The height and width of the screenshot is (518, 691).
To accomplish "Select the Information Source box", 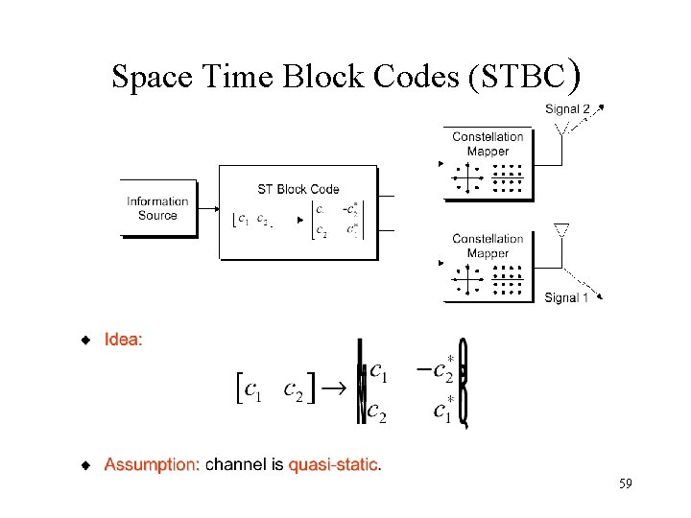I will point(157,208).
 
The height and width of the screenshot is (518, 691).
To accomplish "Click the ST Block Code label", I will point(298,189).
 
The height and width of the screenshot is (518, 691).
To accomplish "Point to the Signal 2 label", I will point(567,109).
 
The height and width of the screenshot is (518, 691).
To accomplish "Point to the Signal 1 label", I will point(566,297).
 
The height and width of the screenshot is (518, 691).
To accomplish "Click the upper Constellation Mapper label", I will point(488,144).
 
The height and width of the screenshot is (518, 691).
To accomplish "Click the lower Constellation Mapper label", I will point(488,247).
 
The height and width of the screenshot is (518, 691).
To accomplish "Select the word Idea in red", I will point(124,340).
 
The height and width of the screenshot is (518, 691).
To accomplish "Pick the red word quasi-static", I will point(334,465).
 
